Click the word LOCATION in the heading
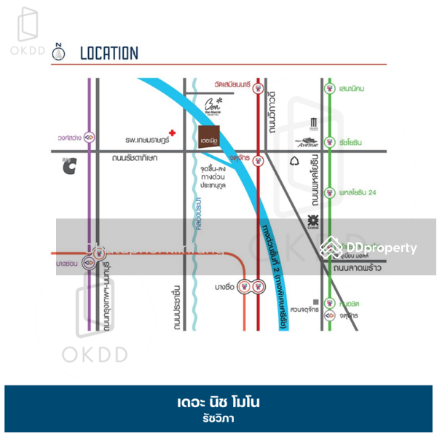click(x=109, y=52)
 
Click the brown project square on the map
click(x=211, y=136)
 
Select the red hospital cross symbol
click(x=172, y=125)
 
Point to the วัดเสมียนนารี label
click(x=232, y=85)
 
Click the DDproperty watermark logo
click(x=371, y=248)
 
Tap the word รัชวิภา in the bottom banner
click(x=219, y=419)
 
